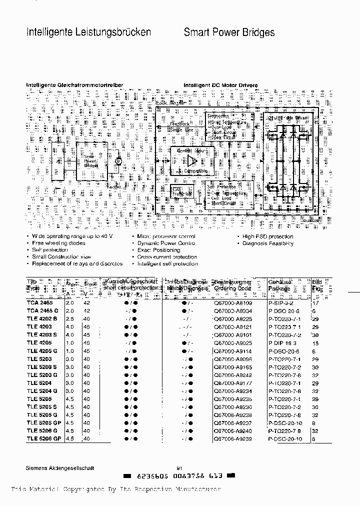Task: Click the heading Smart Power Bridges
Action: point(229,33)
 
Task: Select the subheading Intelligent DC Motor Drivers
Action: point(220,85)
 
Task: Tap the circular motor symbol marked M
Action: point(118,161)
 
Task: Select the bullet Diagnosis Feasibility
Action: point(274,243)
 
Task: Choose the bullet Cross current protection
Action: point(166,257)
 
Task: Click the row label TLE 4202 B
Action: point(42,318)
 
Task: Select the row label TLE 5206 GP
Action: point(43,438)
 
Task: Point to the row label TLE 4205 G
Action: point(42,350)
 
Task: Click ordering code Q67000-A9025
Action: point(232,342)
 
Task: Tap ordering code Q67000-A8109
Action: point(232,302)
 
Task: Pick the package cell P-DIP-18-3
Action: point(283,342)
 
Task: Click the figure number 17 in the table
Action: point(315,302)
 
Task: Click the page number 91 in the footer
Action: point(179,468)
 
